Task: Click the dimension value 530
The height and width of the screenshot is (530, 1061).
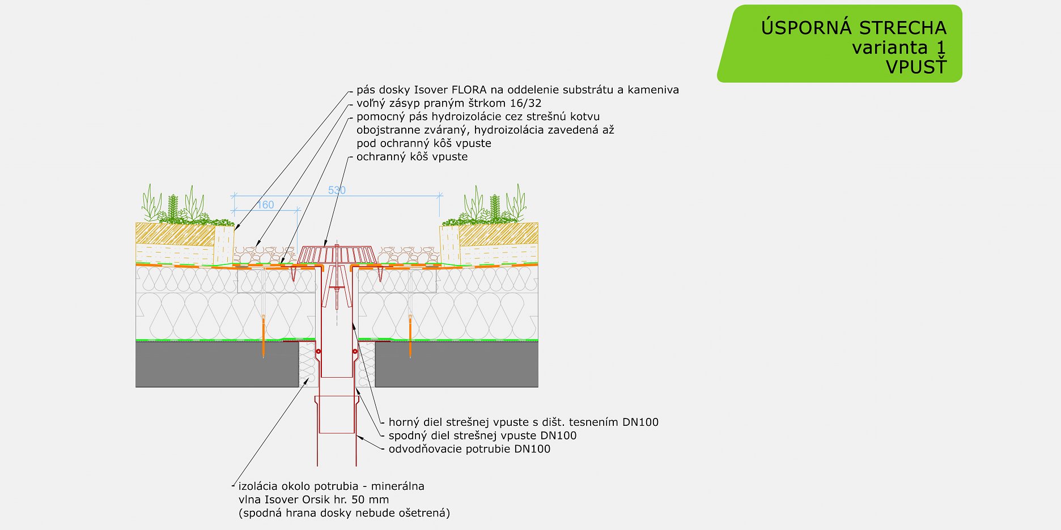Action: pyautogui.click(x=337, y=190)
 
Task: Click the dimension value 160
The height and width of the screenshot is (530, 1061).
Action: pyautogui.click(x=265, y=205)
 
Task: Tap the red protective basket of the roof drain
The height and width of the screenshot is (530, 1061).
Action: pyautogui.click(x=337, y=254)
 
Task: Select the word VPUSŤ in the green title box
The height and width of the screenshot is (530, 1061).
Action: pyautogui.click(x=916, y=67)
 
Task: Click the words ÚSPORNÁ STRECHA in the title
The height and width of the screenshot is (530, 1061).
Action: pyautogui.click(x=854, y=28)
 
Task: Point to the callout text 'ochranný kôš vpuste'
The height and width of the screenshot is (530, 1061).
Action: pyautogui.click(x=412, y=157)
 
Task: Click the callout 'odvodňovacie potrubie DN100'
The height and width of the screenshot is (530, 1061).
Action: pyautogui.click(x=469, y=449)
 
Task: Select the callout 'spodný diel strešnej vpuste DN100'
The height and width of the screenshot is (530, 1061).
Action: pyautogui.click(x=482, y=435)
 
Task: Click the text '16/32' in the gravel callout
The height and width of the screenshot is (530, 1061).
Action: pyautogui.click(x=527, y=103)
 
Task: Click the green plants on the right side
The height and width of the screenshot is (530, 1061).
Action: pyautogui.click(x=493, y=207)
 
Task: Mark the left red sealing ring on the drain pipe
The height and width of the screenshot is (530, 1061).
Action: pyautogui.click(x=319, y=352)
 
